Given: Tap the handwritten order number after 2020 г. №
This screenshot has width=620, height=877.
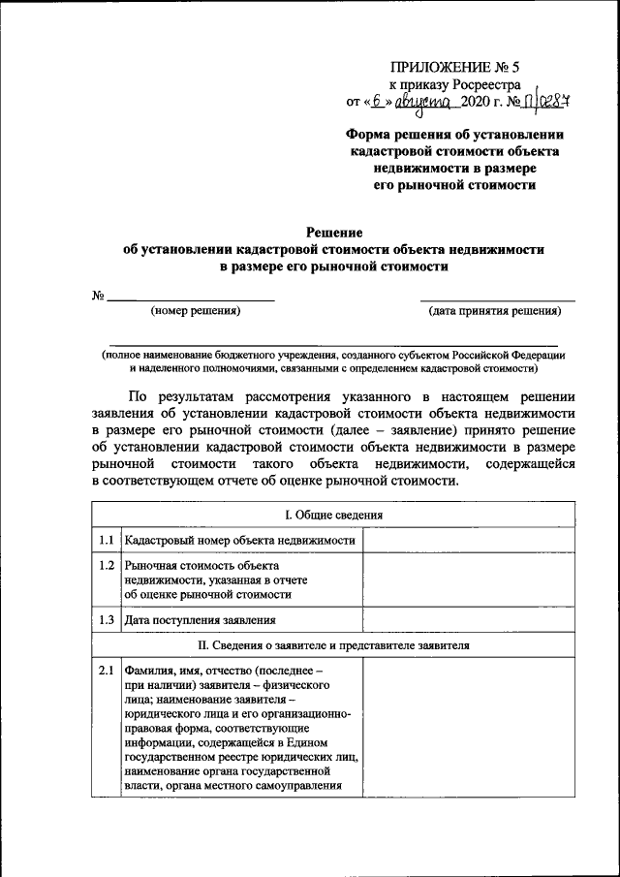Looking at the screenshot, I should click(546, 101).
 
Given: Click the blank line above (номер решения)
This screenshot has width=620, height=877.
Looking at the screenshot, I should click(190, 298).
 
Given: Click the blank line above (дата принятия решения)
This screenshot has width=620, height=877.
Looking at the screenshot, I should click(496, 298).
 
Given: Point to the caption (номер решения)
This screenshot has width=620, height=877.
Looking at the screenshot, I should click(195, 311).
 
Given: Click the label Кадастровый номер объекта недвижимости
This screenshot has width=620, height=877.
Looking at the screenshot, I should click(240, 541).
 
